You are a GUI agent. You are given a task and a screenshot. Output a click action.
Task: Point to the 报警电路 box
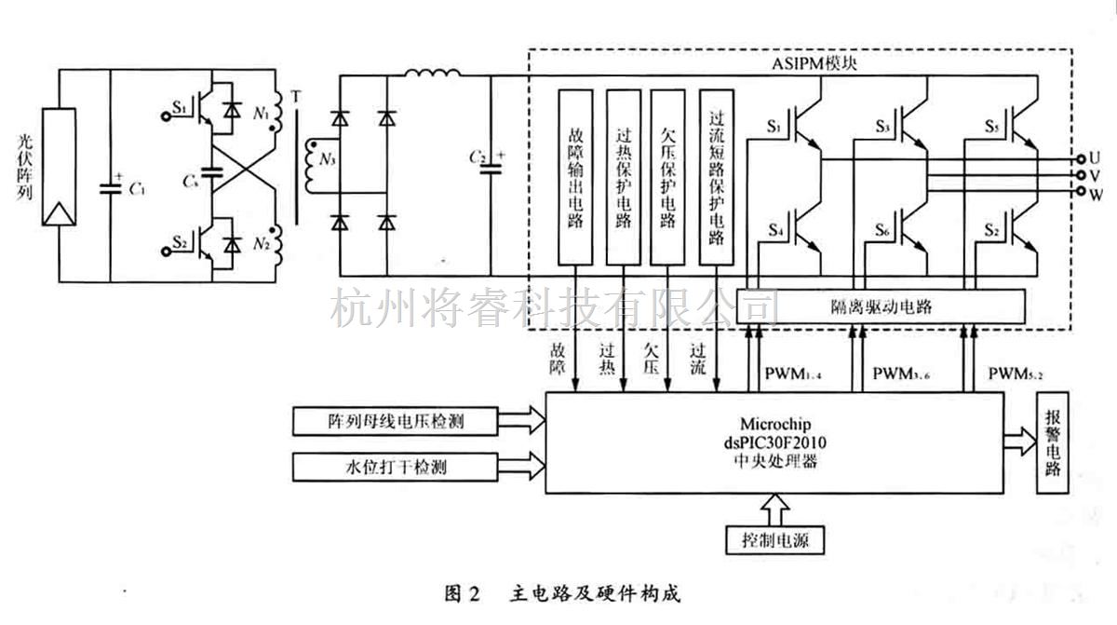coord(1053,442)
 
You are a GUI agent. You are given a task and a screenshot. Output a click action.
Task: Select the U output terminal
coord(1081,159)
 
